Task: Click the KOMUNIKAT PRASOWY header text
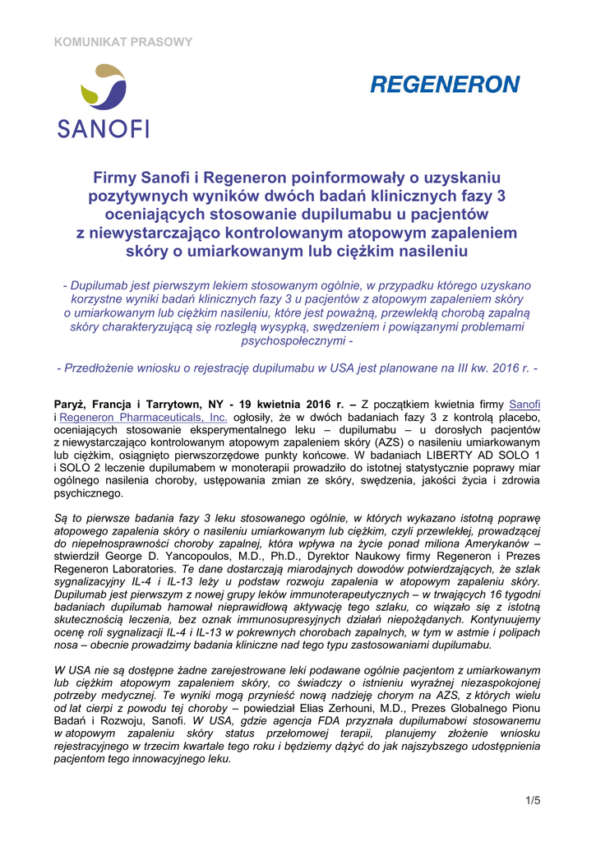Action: pos(122,41)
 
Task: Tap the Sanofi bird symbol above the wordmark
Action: pos(102,90)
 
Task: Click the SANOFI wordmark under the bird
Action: pos(103,127)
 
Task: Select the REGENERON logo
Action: pos(445,85)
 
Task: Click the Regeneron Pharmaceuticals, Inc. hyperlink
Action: pos(144,417)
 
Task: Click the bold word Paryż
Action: pos(69,404)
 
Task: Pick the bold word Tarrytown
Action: pos(187,404)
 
